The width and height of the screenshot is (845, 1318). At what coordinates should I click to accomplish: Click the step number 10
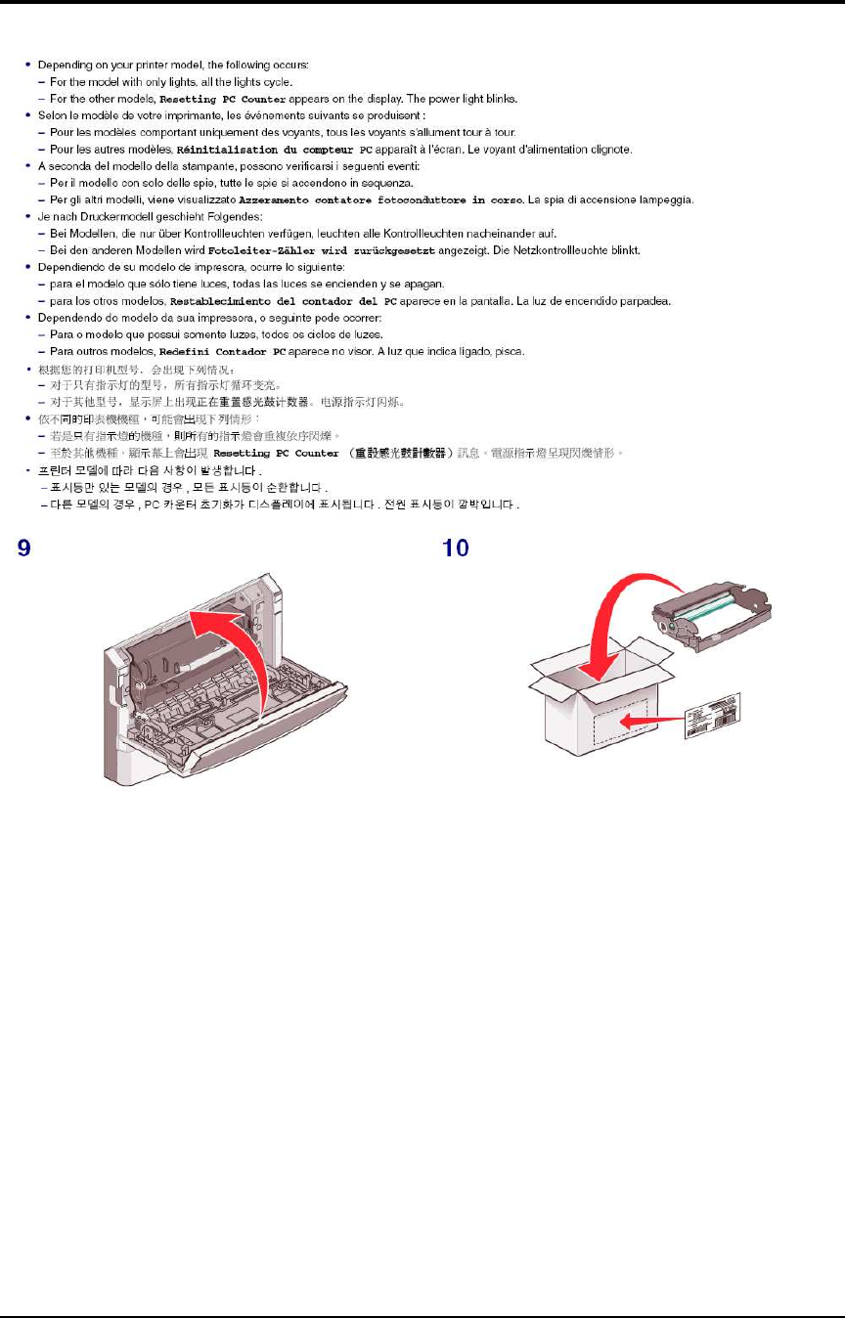pyautogui.click(x=456, y=548)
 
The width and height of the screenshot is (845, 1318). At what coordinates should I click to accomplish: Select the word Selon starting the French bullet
pyautogui.click(x=52, y=114)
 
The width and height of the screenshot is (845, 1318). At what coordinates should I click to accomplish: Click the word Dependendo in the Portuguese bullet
pyautogui.click(x=68, y=318)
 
